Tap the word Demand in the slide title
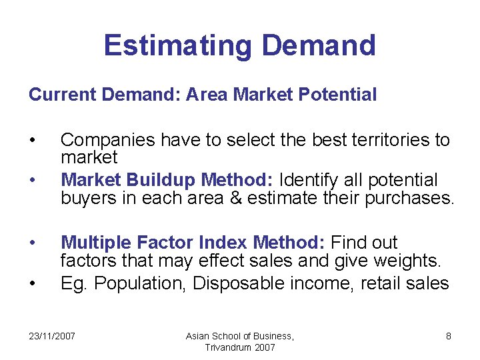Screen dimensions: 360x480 [x=319, y=45]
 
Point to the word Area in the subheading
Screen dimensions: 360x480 [x=206, y=95]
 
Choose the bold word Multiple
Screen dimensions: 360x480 [x=97, y=243]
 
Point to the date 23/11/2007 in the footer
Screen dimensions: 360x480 [x=52, y=336]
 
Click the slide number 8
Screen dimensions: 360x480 [x=448, y=336]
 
